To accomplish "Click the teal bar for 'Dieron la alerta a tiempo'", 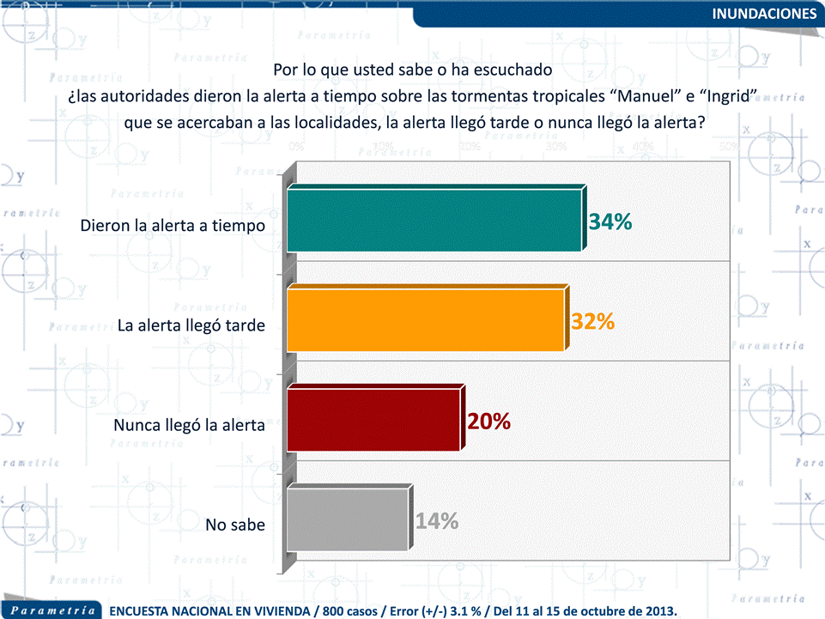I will coord(434,221).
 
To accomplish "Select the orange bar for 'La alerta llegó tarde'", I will coord(426,320).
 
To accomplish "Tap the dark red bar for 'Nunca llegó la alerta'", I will coord(374,420).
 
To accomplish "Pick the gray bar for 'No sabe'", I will coord(347,519).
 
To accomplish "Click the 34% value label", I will coord(610,222).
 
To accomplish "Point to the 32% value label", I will coord(593,322).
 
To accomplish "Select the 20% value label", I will coord(489,422).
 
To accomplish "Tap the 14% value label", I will coord(437,521).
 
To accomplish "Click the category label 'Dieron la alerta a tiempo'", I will coord(173,226).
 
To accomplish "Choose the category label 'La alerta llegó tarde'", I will coord(190,325).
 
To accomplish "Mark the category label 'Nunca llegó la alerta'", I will coord(189,425).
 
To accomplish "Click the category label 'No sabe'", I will coord(235,524).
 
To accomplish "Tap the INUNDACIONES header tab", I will coord(764,13).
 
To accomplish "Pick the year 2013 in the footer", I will coord(657,610).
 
